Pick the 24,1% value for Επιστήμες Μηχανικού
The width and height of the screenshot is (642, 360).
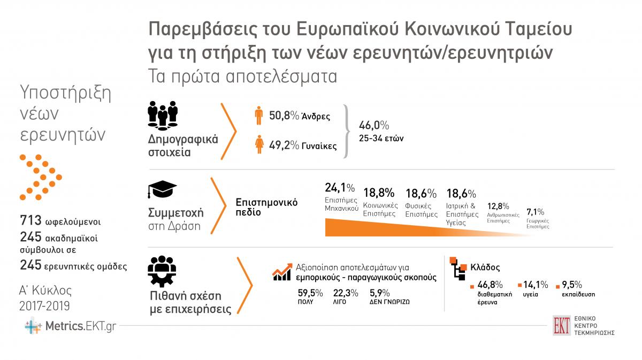(x=340, y=188)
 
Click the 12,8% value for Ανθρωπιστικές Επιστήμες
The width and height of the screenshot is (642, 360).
(x=498, y=206)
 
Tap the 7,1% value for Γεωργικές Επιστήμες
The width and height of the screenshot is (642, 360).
(x=536, y=212)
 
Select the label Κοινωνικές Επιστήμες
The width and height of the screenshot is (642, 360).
(x=379, y=209)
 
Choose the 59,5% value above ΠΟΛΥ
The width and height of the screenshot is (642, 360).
(x=310, y=293)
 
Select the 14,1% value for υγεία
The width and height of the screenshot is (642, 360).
(x=536, y=284)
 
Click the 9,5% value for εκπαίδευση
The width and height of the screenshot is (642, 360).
(x=571, y=284)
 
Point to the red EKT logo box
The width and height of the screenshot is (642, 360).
(x=561, y=325)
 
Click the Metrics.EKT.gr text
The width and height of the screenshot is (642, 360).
(x=80, y=325)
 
